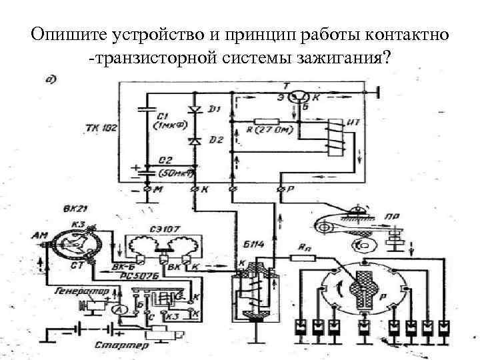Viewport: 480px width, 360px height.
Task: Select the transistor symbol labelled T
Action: point(304,97)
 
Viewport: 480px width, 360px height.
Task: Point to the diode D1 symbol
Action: point(195,109)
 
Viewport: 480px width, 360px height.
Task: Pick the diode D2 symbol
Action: point(195,141)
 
